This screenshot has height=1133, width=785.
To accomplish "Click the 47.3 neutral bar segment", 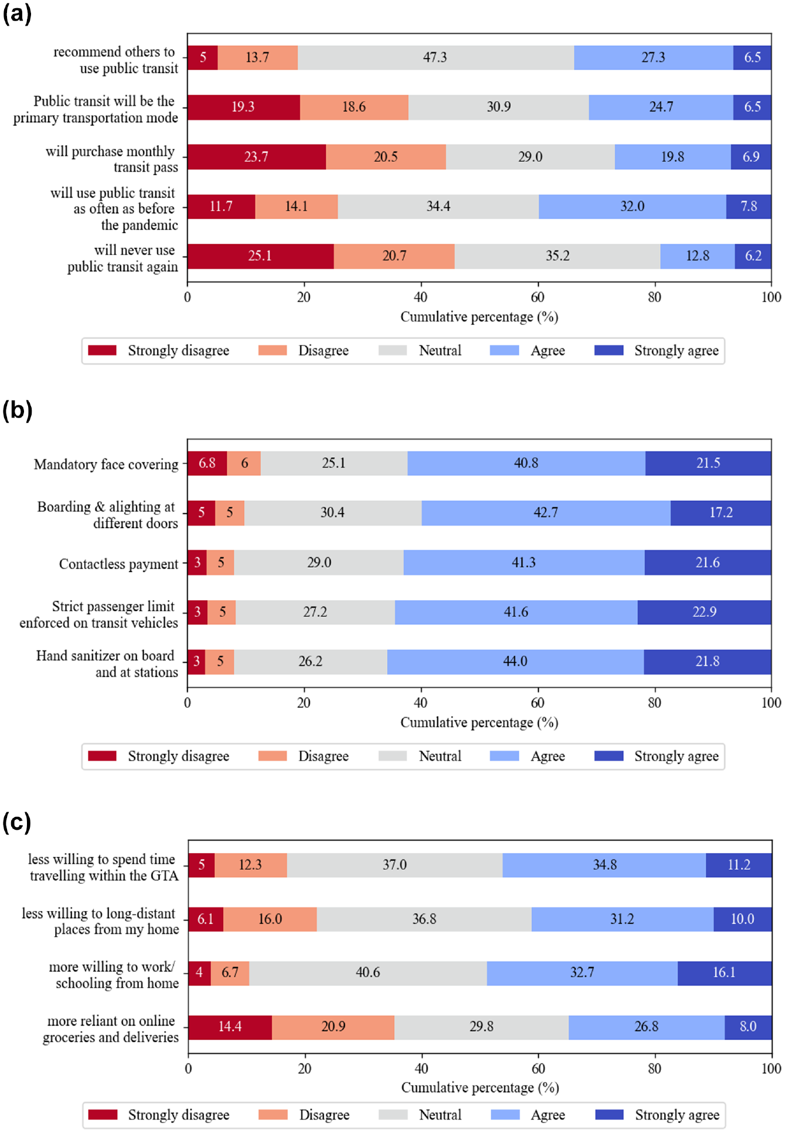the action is [436, 57].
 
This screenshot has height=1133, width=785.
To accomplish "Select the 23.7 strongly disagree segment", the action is [257, 157].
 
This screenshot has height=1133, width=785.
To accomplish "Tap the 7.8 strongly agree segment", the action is [749, 206].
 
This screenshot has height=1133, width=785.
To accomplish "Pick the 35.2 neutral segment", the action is [558, 256].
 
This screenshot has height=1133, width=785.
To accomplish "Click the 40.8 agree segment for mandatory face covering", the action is [527, 463].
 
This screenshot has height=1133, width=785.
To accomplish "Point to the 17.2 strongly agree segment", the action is [721, 512].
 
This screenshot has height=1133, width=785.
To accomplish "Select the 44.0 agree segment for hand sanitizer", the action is [516, 662].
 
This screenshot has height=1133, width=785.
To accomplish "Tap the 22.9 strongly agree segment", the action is [705, 612].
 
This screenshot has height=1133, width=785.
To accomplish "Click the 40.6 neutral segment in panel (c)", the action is [368, 973].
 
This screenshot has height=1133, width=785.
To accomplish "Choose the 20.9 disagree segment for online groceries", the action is [333, 1027].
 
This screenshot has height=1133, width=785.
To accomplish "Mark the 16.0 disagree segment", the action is [270, 919].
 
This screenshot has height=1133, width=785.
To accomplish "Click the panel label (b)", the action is [18, 410].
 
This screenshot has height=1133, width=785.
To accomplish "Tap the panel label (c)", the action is [17, 823].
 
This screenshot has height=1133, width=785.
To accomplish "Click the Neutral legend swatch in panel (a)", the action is [392, 350].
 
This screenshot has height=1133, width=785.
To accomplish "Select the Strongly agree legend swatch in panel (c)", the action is [609, 1114].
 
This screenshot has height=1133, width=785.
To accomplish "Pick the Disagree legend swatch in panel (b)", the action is [272, 756].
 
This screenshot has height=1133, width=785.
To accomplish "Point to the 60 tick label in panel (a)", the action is [538, 297].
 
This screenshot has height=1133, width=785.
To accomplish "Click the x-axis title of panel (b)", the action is [479, 723].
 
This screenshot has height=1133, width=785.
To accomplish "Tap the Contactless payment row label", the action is [118, 564].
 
